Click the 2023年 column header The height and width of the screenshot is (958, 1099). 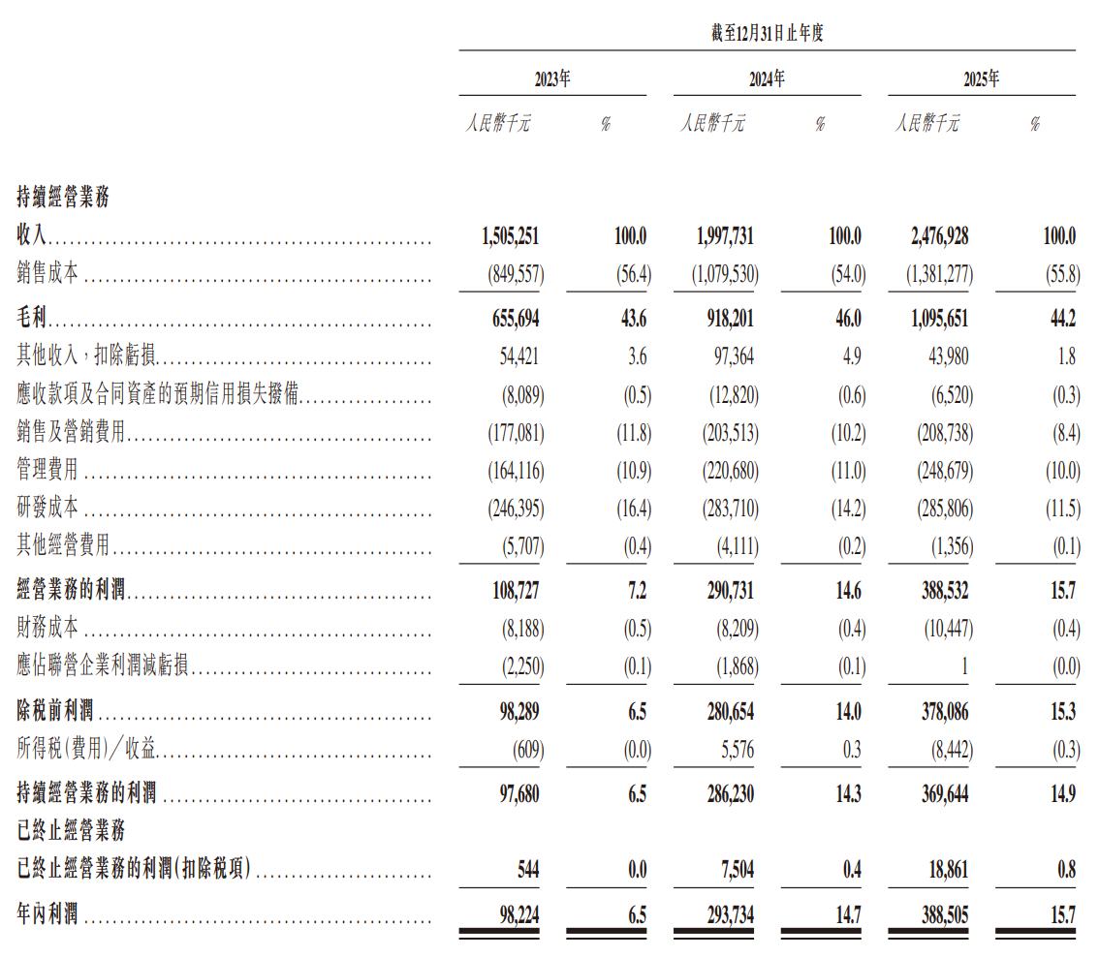[x=552, y=80]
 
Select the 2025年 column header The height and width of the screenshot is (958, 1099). [x=981, y=80]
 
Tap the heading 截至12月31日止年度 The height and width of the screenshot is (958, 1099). [x=767, y=34]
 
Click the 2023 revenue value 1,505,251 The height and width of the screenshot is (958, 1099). [x=511, y=236]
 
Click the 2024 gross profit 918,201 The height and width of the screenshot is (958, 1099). [x=725, y=319]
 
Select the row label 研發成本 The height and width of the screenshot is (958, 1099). [x=47, y=508]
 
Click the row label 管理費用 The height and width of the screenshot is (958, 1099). [x=47, y=471]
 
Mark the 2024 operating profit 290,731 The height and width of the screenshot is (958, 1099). [x=725, y=589]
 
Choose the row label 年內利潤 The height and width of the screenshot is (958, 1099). [x=47, y=913]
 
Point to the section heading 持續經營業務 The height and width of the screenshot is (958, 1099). [x=63, y=198]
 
